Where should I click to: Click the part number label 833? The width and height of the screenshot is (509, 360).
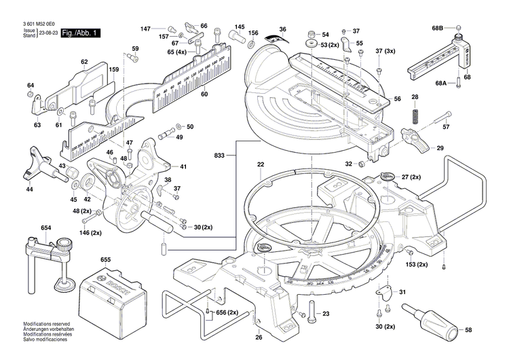point(219,156)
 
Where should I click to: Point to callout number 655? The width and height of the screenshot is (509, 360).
point(105,259)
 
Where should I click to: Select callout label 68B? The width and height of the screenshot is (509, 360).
point(437,28)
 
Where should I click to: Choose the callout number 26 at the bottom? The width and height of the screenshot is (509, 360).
point(258,337)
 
